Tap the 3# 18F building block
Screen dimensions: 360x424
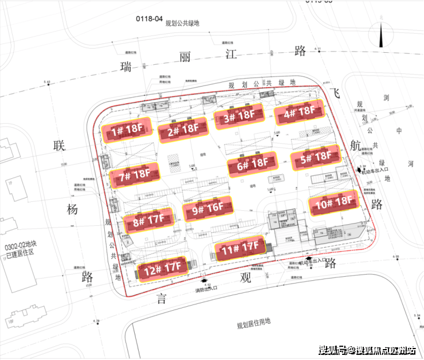(x=239, y=116)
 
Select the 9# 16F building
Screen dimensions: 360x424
(x=207, y=209)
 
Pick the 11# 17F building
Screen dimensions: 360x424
(x=239, y=248)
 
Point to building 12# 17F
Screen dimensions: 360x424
(x=161, y=267)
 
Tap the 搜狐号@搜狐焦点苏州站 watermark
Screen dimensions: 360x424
(x=367, y=351)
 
